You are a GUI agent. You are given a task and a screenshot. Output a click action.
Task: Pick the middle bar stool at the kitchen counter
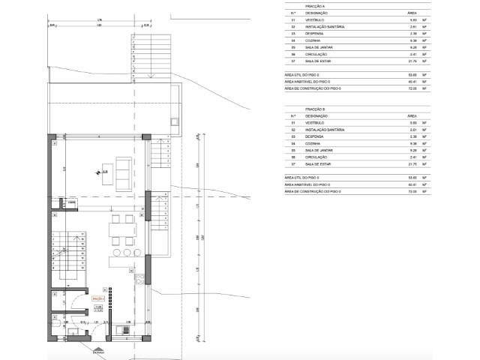coord(124,252)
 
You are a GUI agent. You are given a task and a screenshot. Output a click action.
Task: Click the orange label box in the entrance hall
coord(97,298)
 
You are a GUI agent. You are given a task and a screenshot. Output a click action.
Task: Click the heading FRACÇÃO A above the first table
coord(316,5)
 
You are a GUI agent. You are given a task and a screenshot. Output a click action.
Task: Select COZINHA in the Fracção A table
coord(313,40)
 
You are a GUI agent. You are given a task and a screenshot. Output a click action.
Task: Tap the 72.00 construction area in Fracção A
coord(412,88)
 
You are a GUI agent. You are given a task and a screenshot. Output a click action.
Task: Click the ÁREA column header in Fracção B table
coord(412,116)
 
